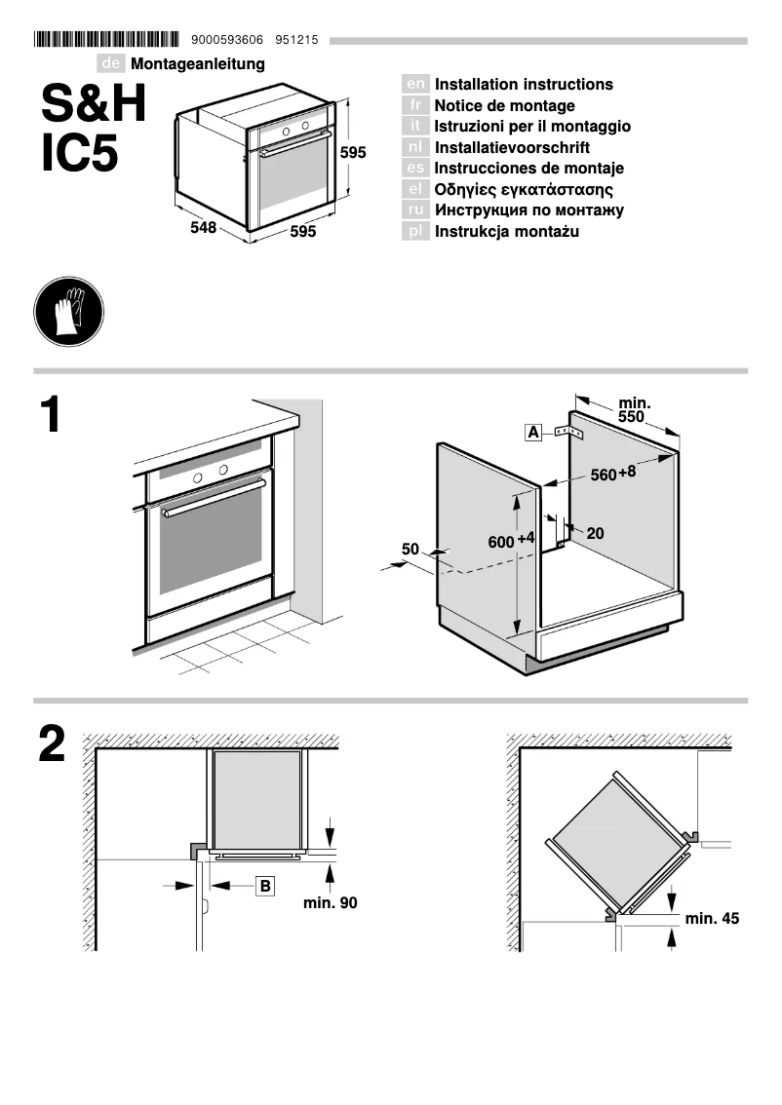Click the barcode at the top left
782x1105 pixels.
point(106,40)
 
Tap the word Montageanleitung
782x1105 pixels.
point(198,64)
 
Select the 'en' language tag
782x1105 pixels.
point(414,85)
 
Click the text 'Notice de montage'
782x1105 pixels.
point(504,105)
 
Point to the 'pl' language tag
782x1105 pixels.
point(414,232)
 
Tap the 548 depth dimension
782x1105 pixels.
point(203,228)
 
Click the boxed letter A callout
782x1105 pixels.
point(532,432)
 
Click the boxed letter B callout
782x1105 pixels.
point(265,885)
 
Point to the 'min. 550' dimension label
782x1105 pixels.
point(635,409)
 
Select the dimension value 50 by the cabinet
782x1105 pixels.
point(411,550)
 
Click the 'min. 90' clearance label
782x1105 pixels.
point(330,903)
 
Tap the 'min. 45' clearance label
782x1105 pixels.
point(712,918)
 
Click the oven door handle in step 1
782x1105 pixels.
point(214,497)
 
